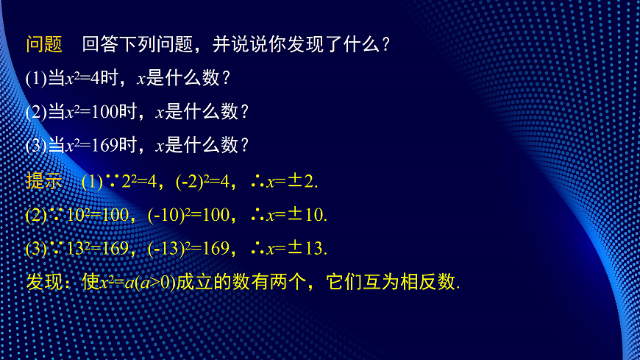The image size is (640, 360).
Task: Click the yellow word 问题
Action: (x=44, y=45)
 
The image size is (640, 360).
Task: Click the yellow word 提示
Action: (x=44, y=181)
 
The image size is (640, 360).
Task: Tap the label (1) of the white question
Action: (x=36, y=78)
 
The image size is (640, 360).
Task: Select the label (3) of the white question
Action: (x=36, y=145)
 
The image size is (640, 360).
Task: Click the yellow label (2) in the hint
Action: (x=36, y=215)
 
